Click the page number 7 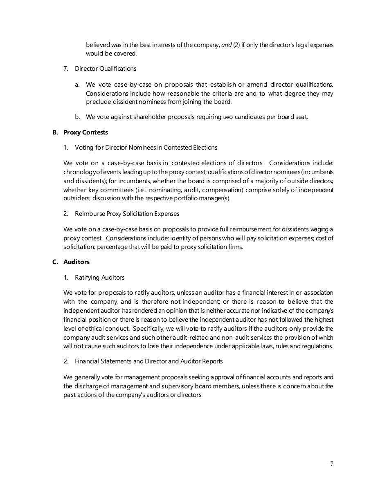331,463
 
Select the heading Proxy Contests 85,132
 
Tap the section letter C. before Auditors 55,262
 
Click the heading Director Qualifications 106,68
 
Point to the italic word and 226,45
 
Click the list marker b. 77,117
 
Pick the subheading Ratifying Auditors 99,277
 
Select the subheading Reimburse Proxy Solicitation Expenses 127,213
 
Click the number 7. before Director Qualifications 66,68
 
